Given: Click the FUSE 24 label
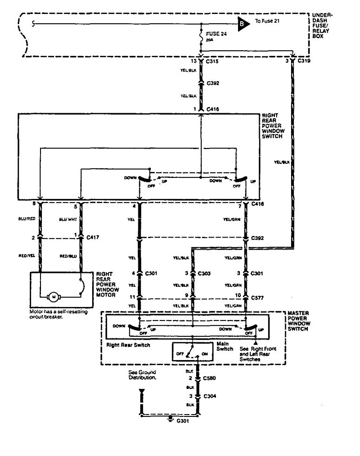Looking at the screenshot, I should pos(214,34).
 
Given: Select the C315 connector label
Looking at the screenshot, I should pos(212,61).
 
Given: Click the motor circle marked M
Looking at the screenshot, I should pos(54,296).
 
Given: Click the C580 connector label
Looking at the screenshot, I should pos(210,378).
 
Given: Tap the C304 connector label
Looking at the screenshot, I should pos(210,396).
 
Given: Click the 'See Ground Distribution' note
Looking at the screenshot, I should pos(142,375).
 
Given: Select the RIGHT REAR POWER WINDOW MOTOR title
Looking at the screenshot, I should pos(107,283).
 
